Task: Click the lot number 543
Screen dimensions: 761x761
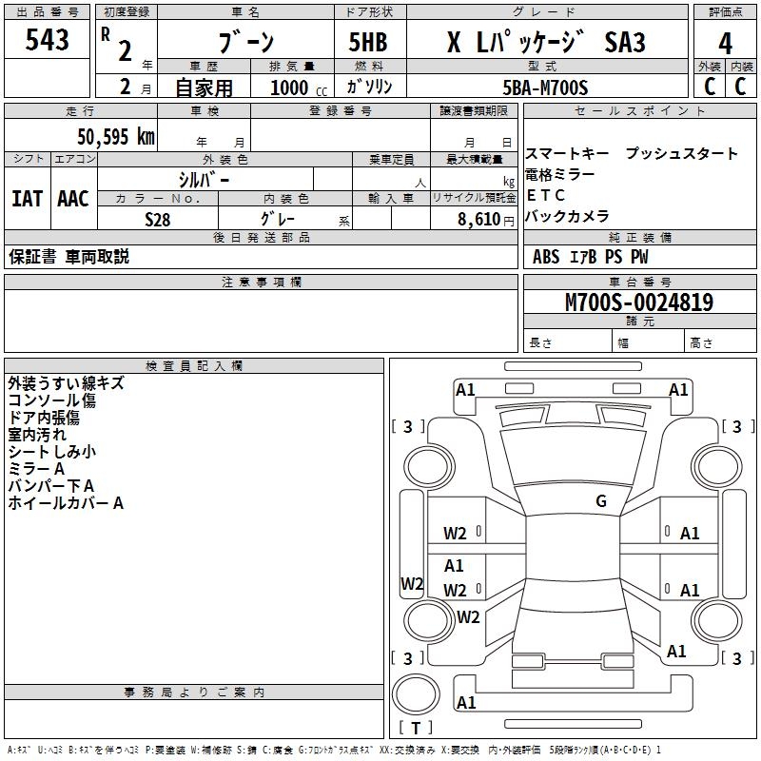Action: [x=47, y=40]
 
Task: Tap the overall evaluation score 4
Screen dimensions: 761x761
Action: [x=726, y=43]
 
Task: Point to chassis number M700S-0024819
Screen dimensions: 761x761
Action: [x=638, y=302]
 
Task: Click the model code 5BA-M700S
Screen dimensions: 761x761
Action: [x=545, y=88]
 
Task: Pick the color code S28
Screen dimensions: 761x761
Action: [x=158, y=219]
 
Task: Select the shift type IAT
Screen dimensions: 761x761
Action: [x=27, y=198]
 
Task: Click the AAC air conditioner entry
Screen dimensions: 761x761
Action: [x=73, y=198]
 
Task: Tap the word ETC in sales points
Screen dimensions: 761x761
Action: [x=546, y=195]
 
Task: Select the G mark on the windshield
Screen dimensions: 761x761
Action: [x=601, y=501]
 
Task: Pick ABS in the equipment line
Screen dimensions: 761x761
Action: [x=546, y=257]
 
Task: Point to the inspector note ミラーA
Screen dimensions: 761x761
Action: [x=36, y=469]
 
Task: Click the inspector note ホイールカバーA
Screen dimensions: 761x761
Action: [x=66, y=503]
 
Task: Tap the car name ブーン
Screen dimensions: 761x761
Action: [x=246, y=43]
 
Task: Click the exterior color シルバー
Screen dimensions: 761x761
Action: [x=205, y=179]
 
